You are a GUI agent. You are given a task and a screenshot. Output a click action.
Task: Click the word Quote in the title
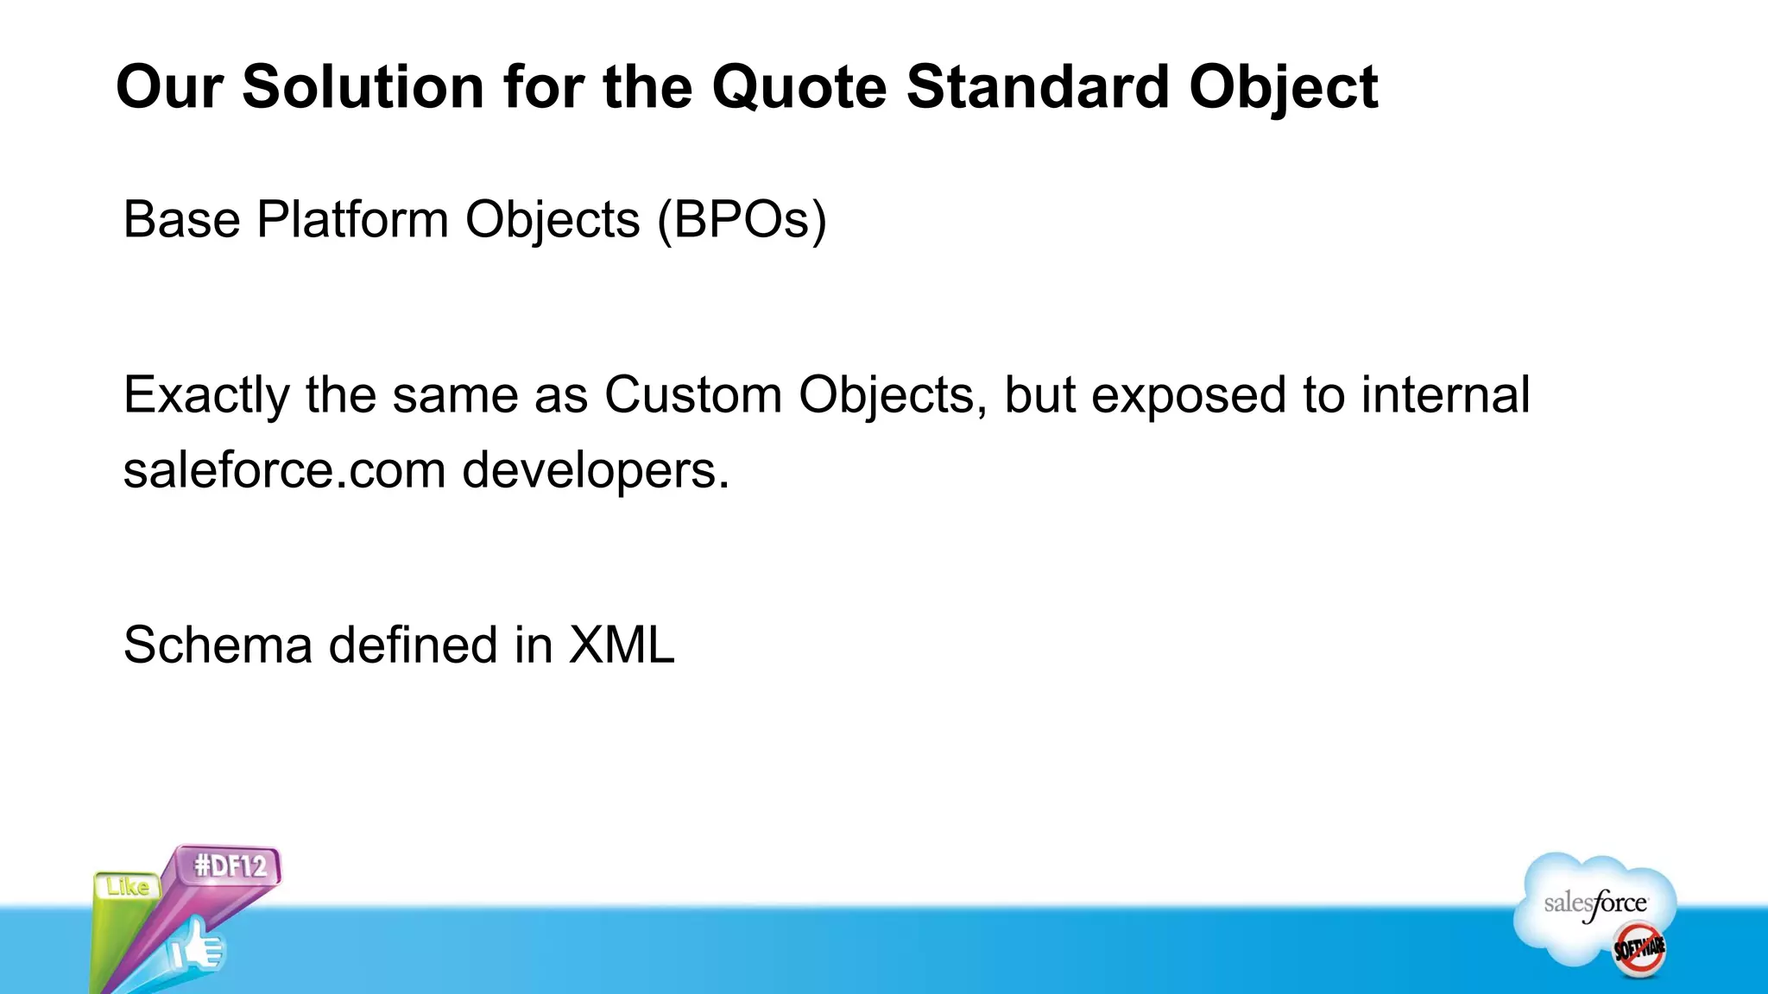799,87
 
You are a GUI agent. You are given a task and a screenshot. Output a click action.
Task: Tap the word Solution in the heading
363,87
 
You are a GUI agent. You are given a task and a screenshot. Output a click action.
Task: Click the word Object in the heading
1283,89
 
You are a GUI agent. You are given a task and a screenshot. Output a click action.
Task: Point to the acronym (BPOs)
742,220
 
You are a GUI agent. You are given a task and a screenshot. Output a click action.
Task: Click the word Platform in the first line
352,219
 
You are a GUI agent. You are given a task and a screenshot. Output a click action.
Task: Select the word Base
181,219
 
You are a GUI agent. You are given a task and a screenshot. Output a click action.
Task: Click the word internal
1445,395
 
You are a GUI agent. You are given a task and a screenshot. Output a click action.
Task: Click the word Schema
218,645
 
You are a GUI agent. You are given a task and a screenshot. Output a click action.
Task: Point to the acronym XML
621,645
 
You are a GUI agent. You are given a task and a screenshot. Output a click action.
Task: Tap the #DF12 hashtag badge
229,865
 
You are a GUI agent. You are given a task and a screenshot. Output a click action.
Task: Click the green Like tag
127,887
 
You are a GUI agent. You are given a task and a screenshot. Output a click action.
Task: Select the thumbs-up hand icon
198,947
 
